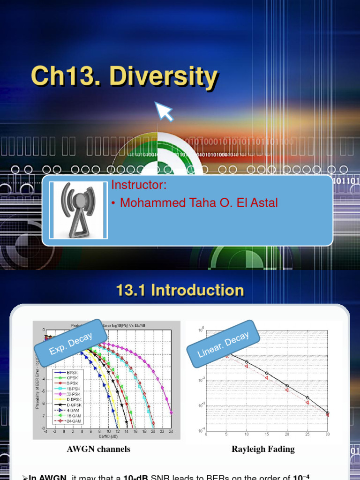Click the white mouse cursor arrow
pyautogui.click(x=164, y=111)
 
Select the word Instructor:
pyautogui.click(x=139, y=185)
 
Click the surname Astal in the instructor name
pyautogui.click(x=263, y=203)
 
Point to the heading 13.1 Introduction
pyautogui.click(x=180, y=290)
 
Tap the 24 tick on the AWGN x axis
pyautogui.click(x=171, y=431)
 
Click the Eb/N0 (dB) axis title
pyautogui.click(x=108, y=436)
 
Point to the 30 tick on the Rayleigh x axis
pyautogui.click(x=327, y=435)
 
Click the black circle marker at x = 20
pyautogui.click(x=287, y=386)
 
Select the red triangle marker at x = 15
pyautogui.click(x=267, y=378)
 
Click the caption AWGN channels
pyautogui.click(x=98, y=449)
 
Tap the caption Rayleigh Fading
pyautogui.click(x=263, y=449)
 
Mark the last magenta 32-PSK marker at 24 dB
pyautogui.click(x=171, y=412)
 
